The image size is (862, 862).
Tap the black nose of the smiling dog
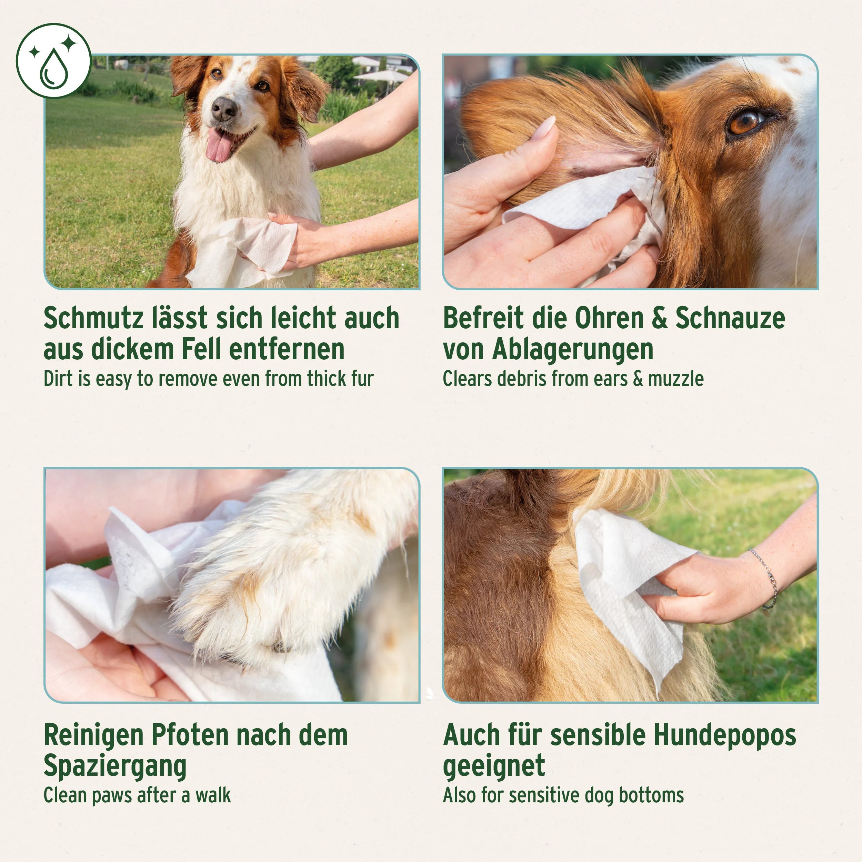(224, 108)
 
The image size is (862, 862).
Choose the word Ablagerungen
(572, 350)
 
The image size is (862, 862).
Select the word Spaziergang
(115, 766)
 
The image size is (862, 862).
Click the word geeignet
(494, 766)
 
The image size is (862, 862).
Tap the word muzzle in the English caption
(675, 379)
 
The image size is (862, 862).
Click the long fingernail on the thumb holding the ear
(547, 129)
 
